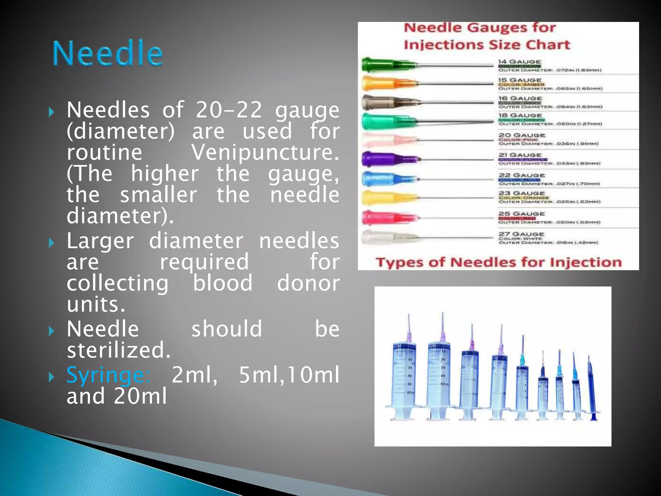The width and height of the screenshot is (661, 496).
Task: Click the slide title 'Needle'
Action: coord(108,53)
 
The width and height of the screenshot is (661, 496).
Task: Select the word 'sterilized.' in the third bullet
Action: coord(118,350)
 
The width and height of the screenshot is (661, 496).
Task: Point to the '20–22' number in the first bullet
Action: coord(229,110)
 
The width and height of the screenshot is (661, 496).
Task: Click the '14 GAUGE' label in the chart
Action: coord(519,62)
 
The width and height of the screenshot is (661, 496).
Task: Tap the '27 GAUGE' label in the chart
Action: coord(522,234)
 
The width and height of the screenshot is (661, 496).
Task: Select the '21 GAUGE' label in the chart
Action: coord(520,155)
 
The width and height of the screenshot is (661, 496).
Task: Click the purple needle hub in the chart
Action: coord(384,159)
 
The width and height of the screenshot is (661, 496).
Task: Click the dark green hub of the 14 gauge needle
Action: coord(381,65)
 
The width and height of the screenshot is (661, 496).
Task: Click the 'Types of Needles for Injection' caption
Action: coord(499,262)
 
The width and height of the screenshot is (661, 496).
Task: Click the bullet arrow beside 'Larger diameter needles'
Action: coord(51,243)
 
